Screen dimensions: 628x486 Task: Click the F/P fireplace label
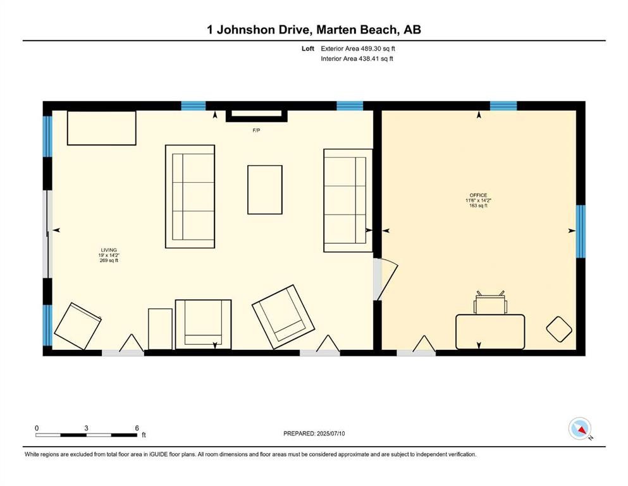click(x=256, y=130)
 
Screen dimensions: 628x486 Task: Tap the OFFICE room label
click(x=478, y=195)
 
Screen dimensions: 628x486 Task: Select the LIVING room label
click(x=109, y=250)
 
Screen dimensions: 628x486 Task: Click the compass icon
click(x=580, y=428)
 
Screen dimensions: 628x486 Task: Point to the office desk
click(x=490, y=332)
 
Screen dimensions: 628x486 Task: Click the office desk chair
click(x=490, y=302)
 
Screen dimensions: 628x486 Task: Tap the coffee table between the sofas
click(x=265, y=189)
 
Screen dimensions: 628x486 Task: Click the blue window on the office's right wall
click(x=581, y=231)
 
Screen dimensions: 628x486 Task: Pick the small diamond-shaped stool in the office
click(x=559, y=329)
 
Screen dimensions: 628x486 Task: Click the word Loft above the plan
click(x=308, y=49)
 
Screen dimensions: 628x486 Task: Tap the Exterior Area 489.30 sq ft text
click(x=358, y=49)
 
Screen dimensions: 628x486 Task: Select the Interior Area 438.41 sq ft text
click(x=357, y=58)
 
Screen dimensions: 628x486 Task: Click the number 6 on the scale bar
click(x=137, y=428)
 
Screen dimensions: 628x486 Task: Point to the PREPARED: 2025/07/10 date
click(x=314, y=433)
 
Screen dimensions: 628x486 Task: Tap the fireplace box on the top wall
click(x=257, y=115)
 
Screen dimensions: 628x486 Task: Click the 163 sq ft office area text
click(x=478, y=206)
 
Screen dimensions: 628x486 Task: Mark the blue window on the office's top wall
click(x=503, y=106)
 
